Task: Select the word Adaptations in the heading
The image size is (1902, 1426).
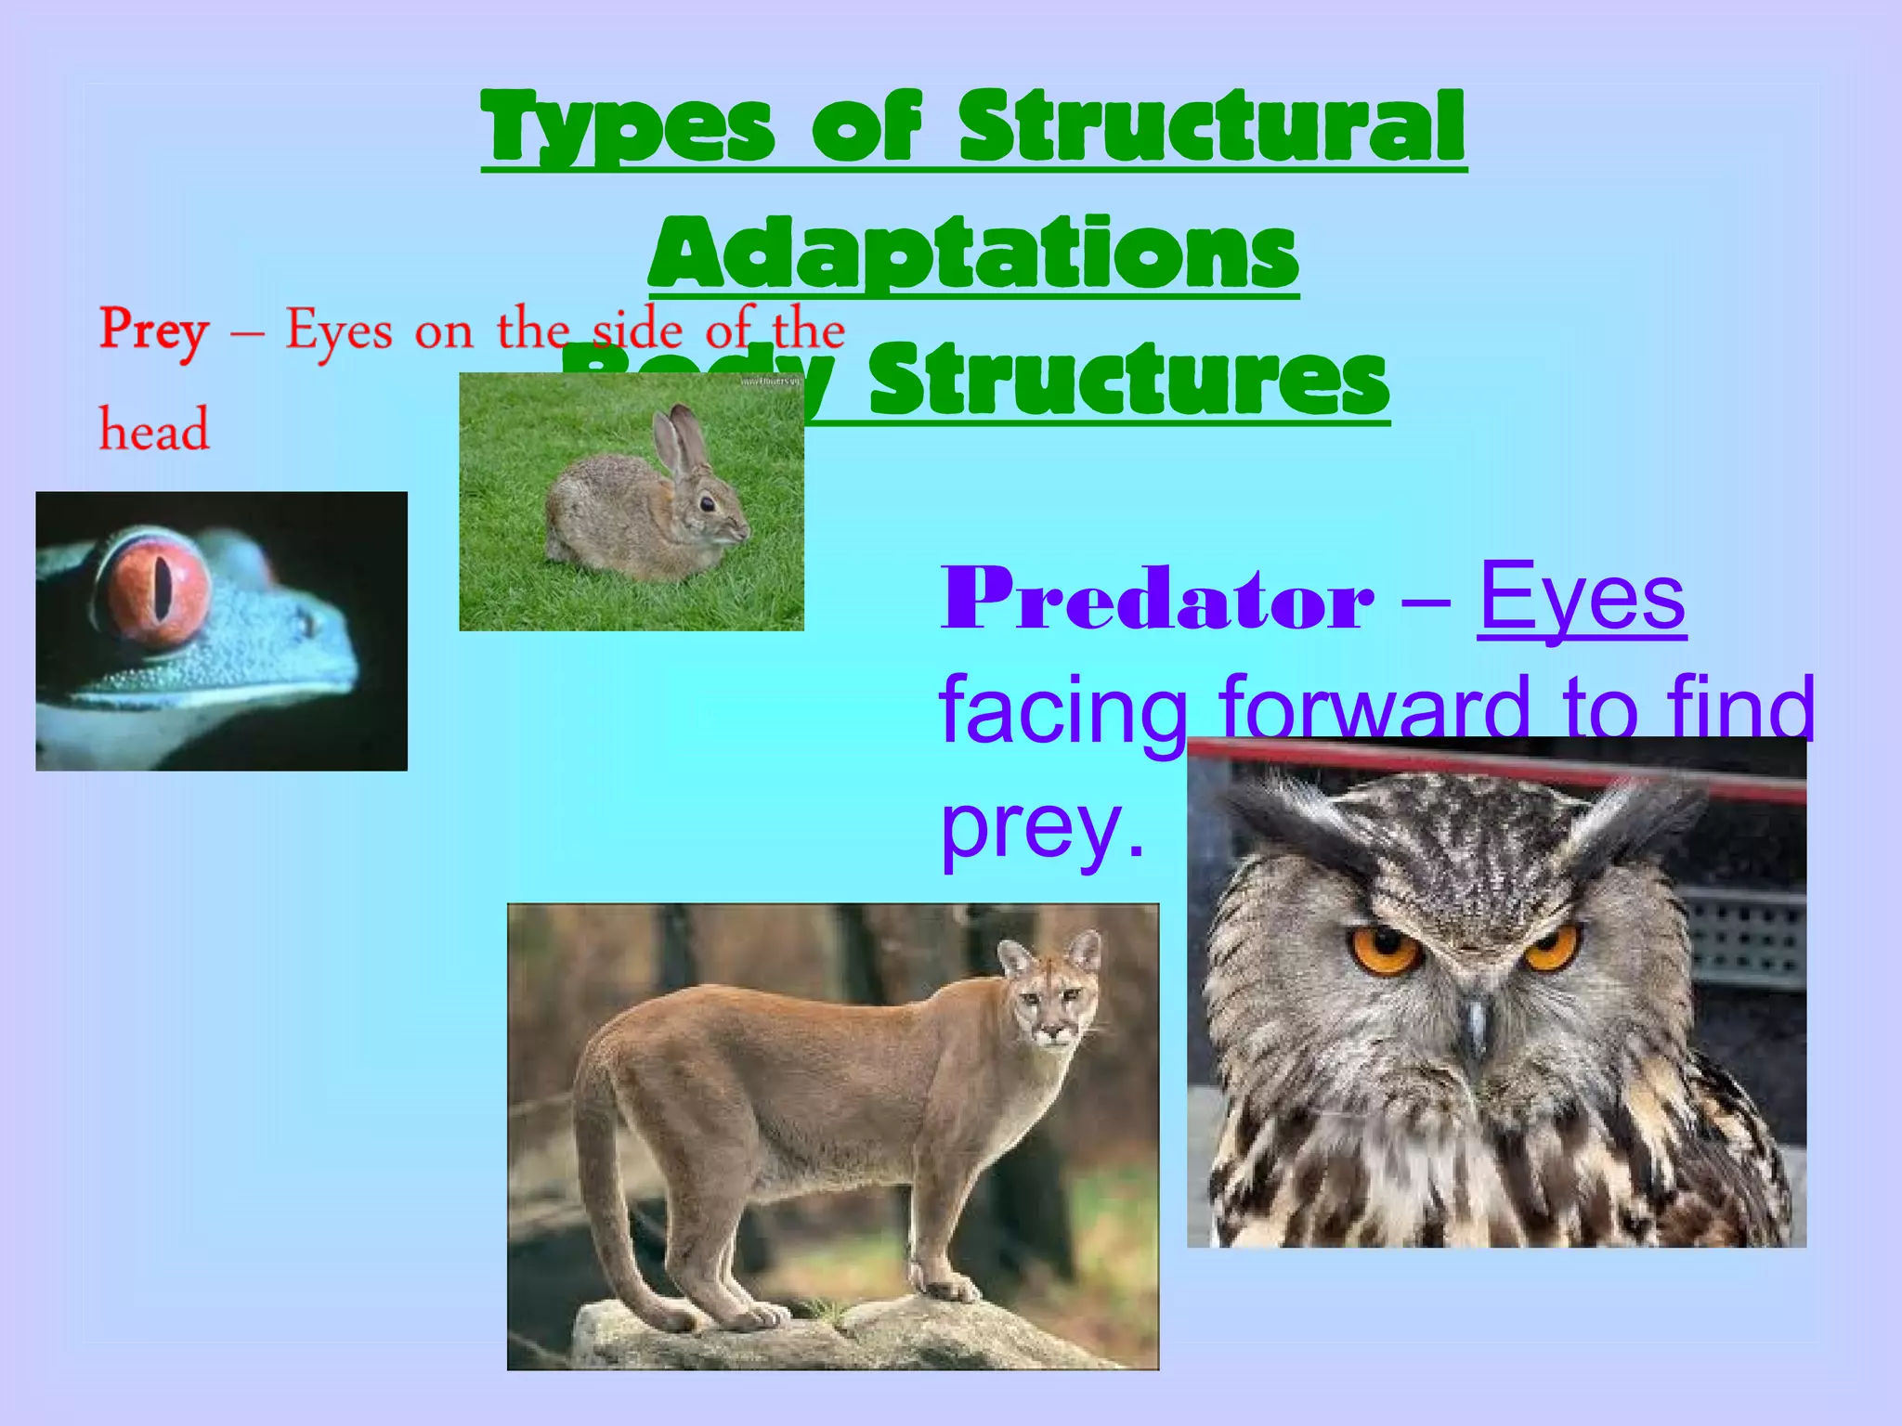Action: (x=973, y=253)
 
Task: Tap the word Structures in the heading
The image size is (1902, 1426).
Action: (x=1128, y=381)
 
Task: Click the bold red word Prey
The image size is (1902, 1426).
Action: (x=154, y=331)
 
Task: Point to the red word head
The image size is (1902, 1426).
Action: (x=154, y=431)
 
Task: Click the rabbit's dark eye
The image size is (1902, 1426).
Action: (x=708, y=504)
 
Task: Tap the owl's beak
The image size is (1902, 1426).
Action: (x=1474, y=1021)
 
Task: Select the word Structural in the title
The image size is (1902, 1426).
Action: (x=1211, y=128)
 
